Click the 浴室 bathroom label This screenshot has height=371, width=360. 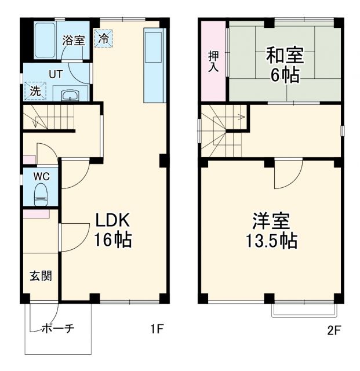(x=74, y=41)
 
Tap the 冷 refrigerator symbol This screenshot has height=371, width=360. (x=103, y=39)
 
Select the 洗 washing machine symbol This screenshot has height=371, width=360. (x=34, y=91)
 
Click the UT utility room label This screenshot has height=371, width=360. (x=55, y=74)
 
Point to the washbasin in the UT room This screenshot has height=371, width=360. (x=70, y=95)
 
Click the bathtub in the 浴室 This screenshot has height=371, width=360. (x=44, y=41)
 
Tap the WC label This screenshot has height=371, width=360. (x=40, y=175)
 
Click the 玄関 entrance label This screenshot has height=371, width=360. (x=40, y=276)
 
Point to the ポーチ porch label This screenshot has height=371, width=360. (x=57, y=329)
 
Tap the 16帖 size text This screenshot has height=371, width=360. (x=114, y=239)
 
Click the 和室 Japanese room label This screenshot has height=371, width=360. (x=284, y=56)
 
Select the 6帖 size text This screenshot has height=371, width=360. (x=284, y=75)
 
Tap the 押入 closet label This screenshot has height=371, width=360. (x=213, y=61)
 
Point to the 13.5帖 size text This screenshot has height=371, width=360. (x=270, y=241)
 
